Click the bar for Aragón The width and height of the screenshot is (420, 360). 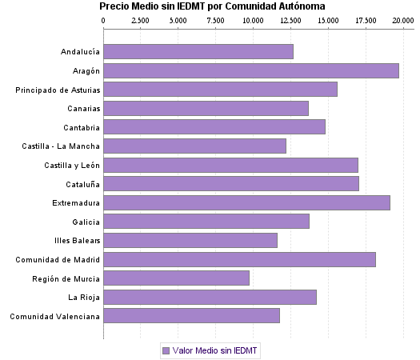coord(251,70)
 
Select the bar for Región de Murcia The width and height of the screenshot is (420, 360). coord(176,278)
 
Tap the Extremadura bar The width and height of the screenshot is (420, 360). coord(246,202)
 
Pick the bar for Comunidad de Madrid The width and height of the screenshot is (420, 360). coord(239,259)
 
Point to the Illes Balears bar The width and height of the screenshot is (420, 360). coord(190,240)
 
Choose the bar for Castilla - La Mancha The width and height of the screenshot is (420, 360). coord(194,146)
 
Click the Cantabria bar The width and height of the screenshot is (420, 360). coord(214,126)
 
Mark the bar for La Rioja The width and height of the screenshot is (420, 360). coord(210,298)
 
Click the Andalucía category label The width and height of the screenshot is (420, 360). coord(80,52)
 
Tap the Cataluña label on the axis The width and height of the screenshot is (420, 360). coord(82,184)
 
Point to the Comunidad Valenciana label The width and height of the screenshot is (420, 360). coord(55,316)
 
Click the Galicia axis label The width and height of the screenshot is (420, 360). coord(86,222)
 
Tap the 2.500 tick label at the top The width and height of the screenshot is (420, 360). coord(140,19)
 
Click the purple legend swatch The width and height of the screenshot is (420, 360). coord(166,350)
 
